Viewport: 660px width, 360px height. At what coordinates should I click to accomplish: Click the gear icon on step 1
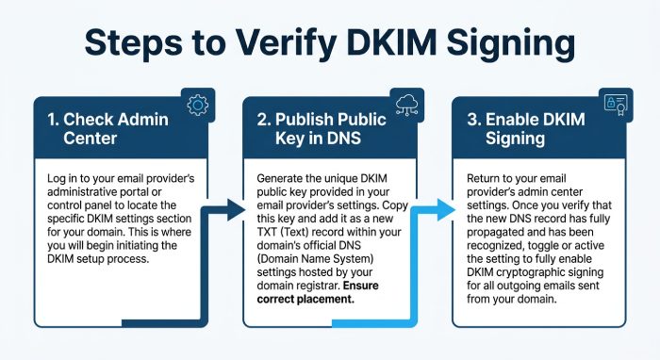pos(197,106)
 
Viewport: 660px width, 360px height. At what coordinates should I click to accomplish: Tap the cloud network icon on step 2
pos(407,105)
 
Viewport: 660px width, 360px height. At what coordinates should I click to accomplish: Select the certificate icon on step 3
pos(616,105)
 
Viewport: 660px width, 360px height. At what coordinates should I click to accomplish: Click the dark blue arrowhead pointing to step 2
pos(236,210)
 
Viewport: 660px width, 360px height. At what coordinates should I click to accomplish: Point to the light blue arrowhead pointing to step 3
pos(446,210)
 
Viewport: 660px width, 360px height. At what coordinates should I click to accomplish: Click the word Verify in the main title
pos(286,43)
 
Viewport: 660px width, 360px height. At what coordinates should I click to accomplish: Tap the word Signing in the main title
pos(511,43)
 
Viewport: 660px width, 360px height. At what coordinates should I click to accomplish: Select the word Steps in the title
pos(134,43)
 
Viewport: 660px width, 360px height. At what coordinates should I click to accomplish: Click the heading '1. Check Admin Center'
pos(107,129)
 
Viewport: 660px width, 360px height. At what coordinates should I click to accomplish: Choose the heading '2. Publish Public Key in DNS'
pos(322,129)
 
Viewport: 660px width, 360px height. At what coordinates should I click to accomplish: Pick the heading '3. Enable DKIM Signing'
pos(526,129)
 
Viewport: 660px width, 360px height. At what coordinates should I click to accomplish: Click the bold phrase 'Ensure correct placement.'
pos(318,292)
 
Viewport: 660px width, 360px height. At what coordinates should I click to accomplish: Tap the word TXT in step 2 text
pos(266,232)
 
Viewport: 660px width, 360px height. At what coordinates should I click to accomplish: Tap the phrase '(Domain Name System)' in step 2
pos(315,259)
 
